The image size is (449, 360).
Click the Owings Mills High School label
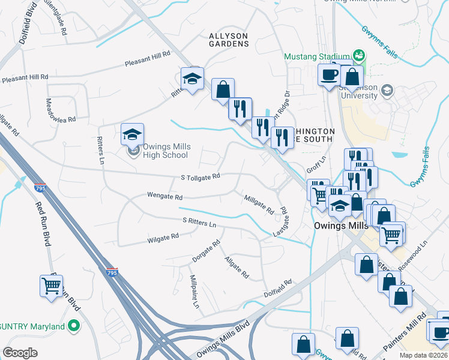[166, 151]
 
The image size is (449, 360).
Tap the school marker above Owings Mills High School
[133, 135]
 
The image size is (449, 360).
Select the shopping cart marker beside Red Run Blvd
[51, 286]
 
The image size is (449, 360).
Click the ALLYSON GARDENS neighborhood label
[229, 40]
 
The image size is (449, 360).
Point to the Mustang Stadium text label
[317, 56]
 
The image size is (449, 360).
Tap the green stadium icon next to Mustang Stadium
[359, 56]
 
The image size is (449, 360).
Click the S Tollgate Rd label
[200, 177]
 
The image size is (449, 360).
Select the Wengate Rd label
[164, 196]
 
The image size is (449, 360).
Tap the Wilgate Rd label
[163, 238]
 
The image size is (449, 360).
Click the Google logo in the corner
[20, 352]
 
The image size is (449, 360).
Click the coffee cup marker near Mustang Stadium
[329, 75]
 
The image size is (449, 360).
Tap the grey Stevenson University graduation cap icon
[387, 89]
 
